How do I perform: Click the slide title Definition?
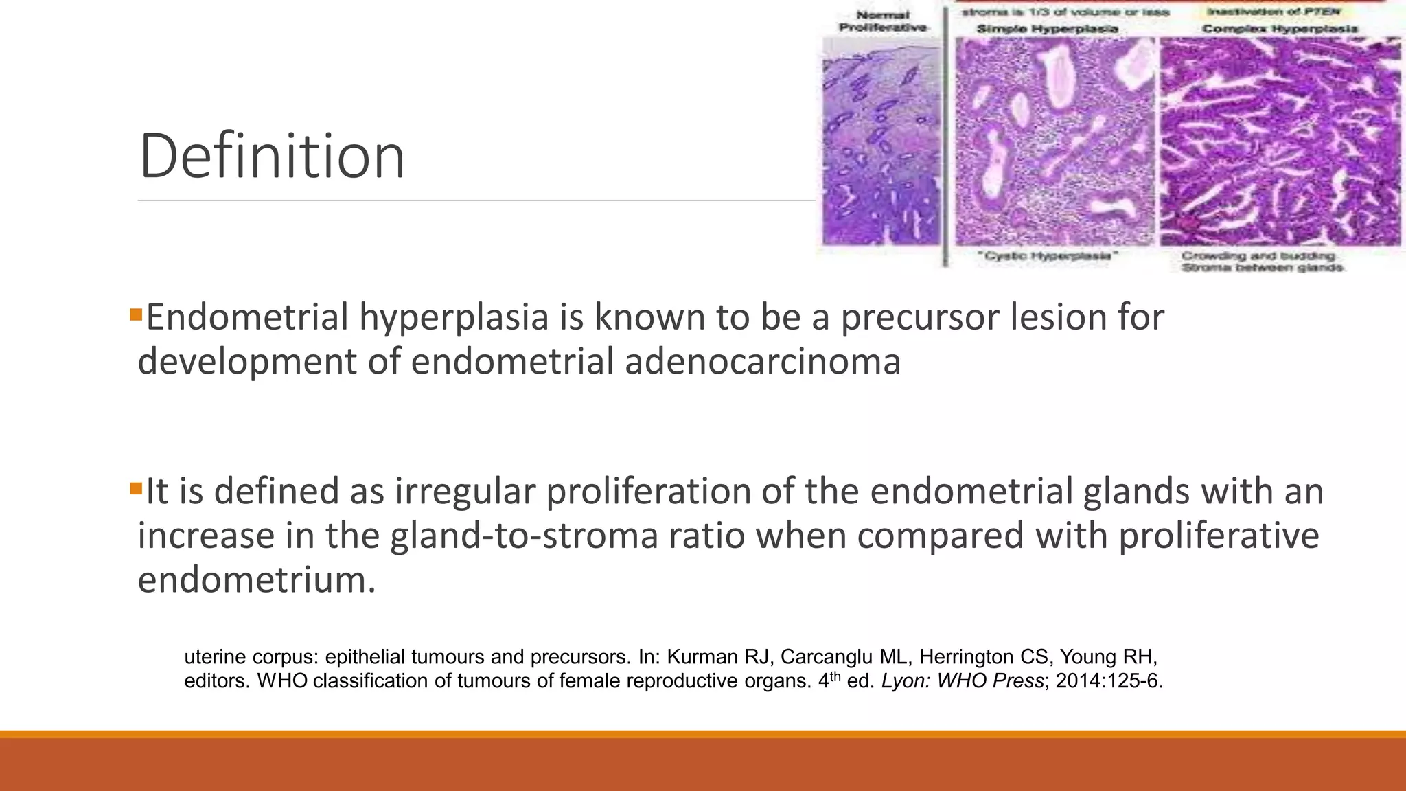(272, 157)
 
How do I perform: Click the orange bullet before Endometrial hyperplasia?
(135, 315)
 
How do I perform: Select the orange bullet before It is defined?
(135, 490)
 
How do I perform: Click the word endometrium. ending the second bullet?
(257, 580)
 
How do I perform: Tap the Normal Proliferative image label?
(883, 21)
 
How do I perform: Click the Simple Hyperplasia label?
(1047, 29)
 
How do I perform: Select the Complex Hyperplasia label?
(1280, 29)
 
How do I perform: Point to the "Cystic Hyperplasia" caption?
(1046, 256)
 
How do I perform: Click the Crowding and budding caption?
(1258, 256)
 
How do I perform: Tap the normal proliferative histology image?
(881, 141)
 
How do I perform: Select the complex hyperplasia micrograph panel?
(1280, 141)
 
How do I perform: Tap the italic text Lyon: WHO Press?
(963, 681)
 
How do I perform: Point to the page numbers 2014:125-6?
(1109, 681)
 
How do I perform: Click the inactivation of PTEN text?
(1272, 12)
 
